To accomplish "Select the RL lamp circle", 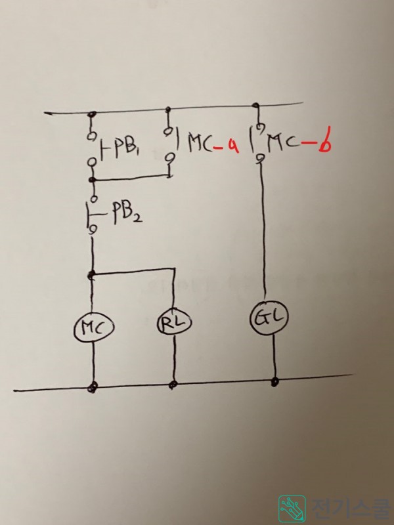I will [173, 322].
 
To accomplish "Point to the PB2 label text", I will [124, 217].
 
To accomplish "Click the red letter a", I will [230, 146].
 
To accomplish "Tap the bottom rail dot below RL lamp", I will [173, 384].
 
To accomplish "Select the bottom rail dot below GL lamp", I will [275, 380].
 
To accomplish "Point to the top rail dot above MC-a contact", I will [170, 110].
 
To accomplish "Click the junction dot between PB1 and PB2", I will [92, 178].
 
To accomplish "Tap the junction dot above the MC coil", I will [92, 274].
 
